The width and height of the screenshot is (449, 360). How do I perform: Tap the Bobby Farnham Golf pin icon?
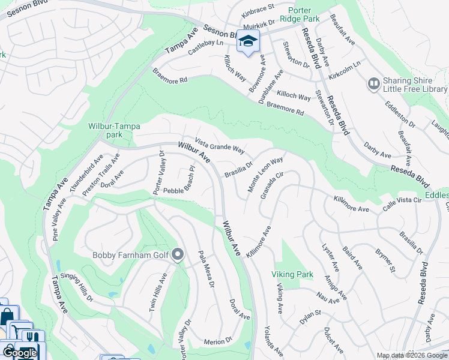coord(177,256)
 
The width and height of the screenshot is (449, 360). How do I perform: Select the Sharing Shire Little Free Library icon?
coord(373,83)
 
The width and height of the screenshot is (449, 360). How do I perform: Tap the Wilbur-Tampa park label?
coord(113,131)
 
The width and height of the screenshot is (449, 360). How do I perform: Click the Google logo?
coord(20,353)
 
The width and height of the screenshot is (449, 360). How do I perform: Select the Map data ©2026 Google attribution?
coord(411,355)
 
